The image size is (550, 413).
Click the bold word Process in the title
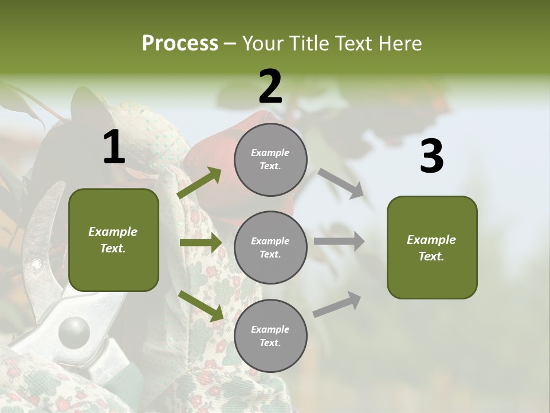(x=180, y=44)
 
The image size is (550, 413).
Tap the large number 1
(x=114, y=147)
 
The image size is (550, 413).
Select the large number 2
(x=270, y=87)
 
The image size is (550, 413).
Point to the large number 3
(x=431, y=157)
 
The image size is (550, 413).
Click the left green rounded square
(x=113, y=240)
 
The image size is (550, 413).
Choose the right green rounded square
(x=432, y=248)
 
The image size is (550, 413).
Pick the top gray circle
(x=270, y=159)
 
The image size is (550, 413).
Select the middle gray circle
(x=270, y=248)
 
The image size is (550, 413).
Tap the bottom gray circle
(x=270, y=336)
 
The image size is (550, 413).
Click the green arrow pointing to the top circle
(x=199, y=183)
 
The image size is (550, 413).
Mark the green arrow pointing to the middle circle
(x=201, y=243)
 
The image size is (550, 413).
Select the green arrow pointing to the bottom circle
(x=201, y=306)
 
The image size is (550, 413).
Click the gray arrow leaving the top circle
(x=341, y=184)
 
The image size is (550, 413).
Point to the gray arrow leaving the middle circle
(x=339, y=241)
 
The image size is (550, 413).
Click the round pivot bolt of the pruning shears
(x=74, y=331)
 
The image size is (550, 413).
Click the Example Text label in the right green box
(x=432, y=248)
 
